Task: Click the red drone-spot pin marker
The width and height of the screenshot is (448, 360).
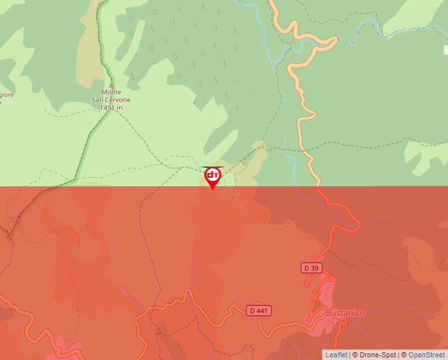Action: click(x=212, y=177)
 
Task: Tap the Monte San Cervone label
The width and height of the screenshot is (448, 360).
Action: click(x=111, y=96)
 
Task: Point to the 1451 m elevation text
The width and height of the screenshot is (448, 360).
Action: click(x=111, y=107)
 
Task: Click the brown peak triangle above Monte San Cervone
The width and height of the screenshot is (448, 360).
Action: click(x=111, y=86)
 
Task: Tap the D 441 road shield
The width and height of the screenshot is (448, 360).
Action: click(x=259, y=310)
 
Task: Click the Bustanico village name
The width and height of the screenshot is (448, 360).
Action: click(x=345, y=313)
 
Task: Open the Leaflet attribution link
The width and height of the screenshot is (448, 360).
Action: click(x=336, y=355)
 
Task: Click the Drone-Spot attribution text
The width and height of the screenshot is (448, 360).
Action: click(x=377, y=355)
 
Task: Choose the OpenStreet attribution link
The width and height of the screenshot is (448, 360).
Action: click(x=426, y=355)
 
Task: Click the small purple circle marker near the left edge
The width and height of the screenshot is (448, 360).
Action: click(x=19, y=215)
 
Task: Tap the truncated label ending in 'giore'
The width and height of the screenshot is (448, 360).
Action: click(x=7, y=95)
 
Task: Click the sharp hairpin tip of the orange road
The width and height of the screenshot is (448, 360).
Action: click(x=335, y=40)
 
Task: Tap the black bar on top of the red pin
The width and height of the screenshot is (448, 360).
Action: click(x=212, y=167)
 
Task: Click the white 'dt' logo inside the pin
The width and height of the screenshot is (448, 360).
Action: click(x=212, y=174)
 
